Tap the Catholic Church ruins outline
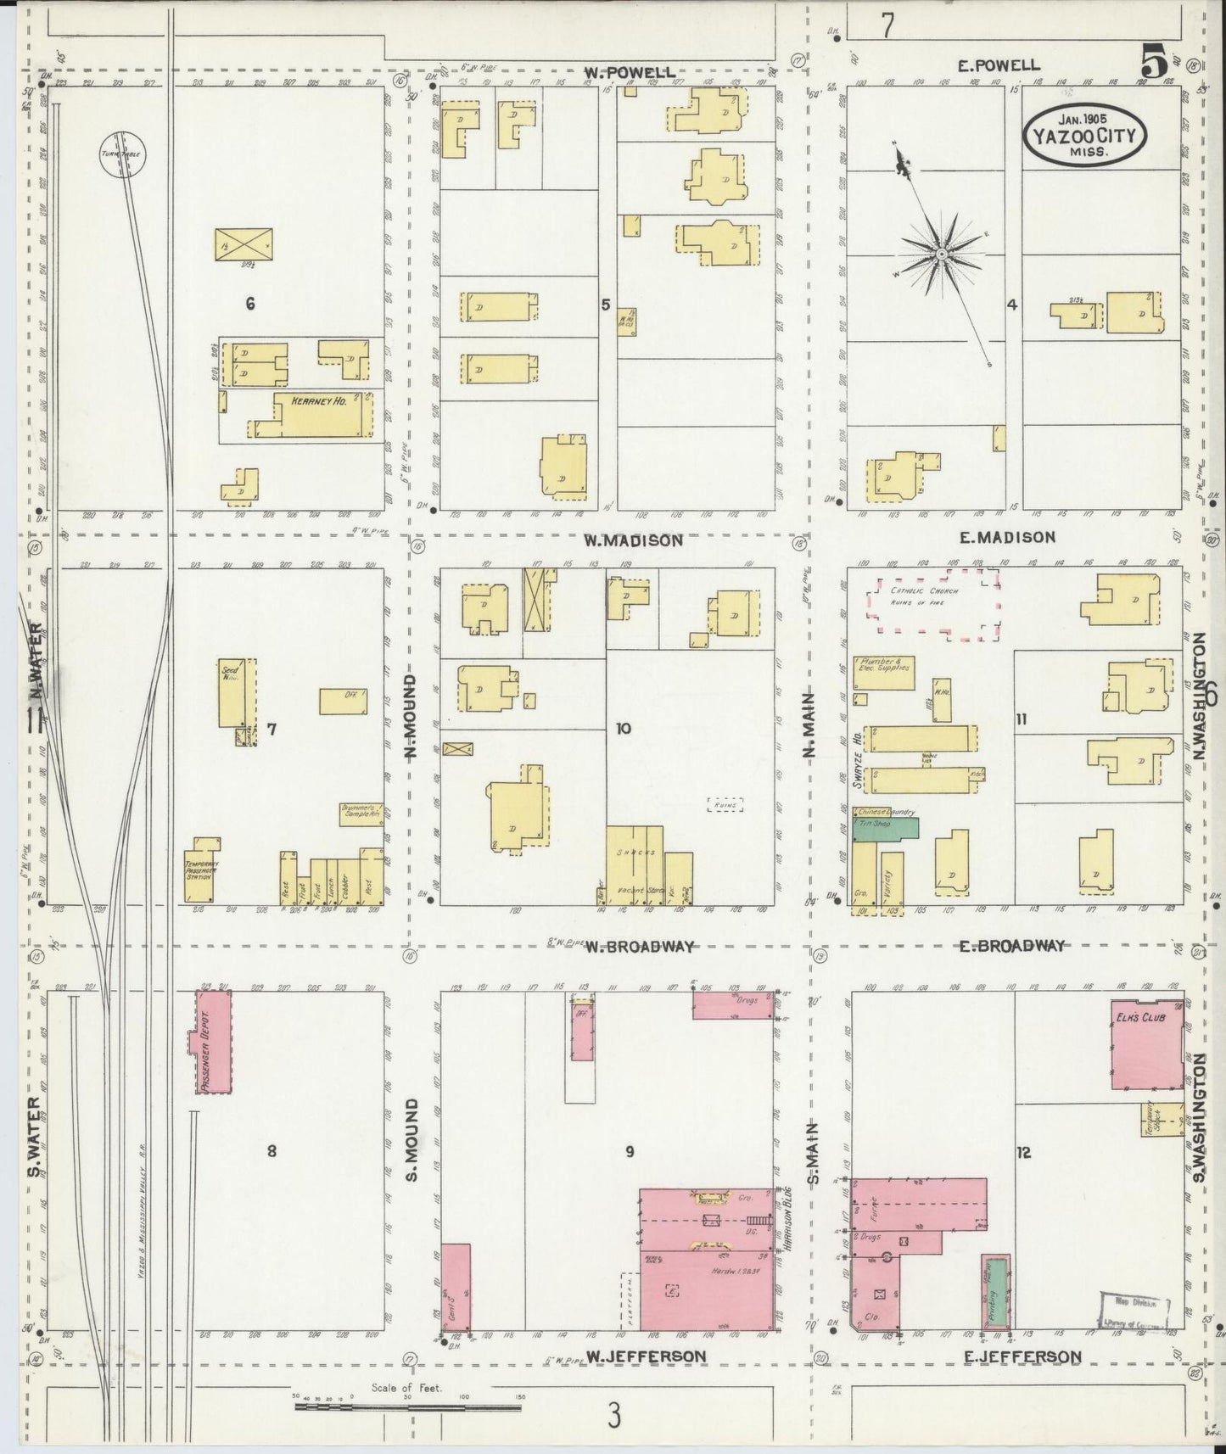point(933,603)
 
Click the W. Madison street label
point(632,540)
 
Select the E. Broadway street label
point(1011,946)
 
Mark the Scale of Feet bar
point(408,1407)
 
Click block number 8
point(272,1151)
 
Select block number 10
point(624,728)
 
